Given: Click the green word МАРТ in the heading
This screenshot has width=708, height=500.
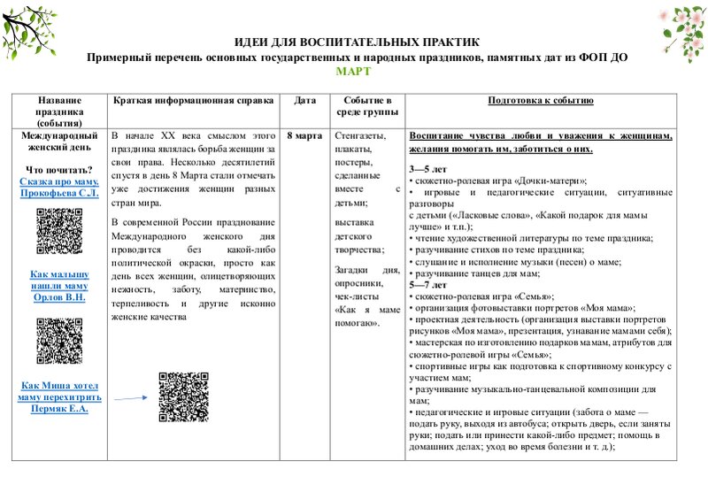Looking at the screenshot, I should click(355, 71).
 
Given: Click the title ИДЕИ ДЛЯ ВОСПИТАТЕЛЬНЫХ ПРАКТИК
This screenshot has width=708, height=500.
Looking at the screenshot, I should click(357, 42).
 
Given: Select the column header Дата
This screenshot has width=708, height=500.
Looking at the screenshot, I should click(304, 101).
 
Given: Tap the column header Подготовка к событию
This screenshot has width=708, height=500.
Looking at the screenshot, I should click(540, 101).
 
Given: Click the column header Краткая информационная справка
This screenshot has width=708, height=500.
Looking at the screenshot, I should click(193, 101).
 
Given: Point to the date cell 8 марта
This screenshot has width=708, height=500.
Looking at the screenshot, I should click(304, 137).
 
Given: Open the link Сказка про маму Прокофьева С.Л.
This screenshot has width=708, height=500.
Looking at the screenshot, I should click(59, 188).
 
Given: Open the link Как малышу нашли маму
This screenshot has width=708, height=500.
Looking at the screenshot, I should click(59, 286).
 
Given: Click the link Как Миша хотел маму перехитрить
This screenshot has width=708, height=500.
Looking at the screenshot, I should click(59, 397).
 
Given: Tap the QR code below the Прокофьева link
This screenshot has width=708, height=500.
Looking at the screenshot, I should click(59, 229).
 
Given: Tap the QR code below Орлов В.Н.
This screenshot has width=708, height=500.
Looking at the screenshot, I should click(59, 341).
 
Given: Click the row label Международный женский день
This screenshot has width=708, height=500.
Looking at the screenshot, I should click(59, 143).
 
